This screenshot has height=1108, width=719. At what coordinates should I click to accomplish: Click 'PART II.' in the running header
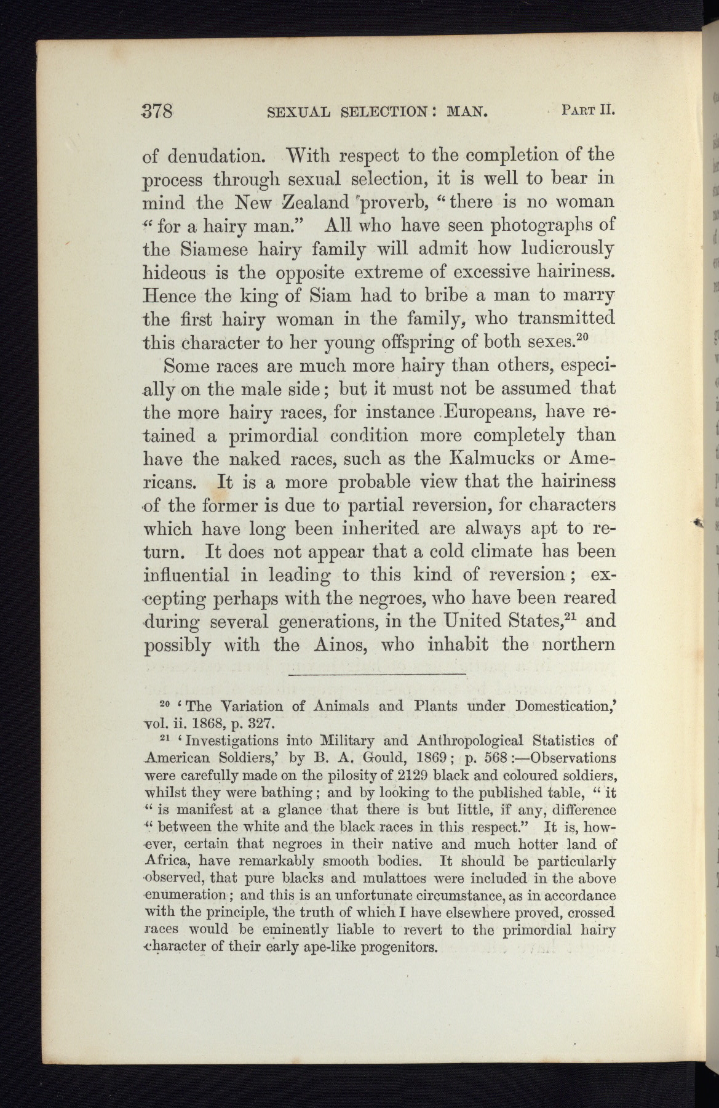[588, 111]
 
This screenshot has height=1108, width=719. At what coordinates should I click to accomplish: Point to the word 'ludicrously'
[563, 249]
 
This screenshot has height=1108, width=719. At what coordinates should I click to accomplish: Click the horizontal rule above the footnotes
[376, 676]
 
